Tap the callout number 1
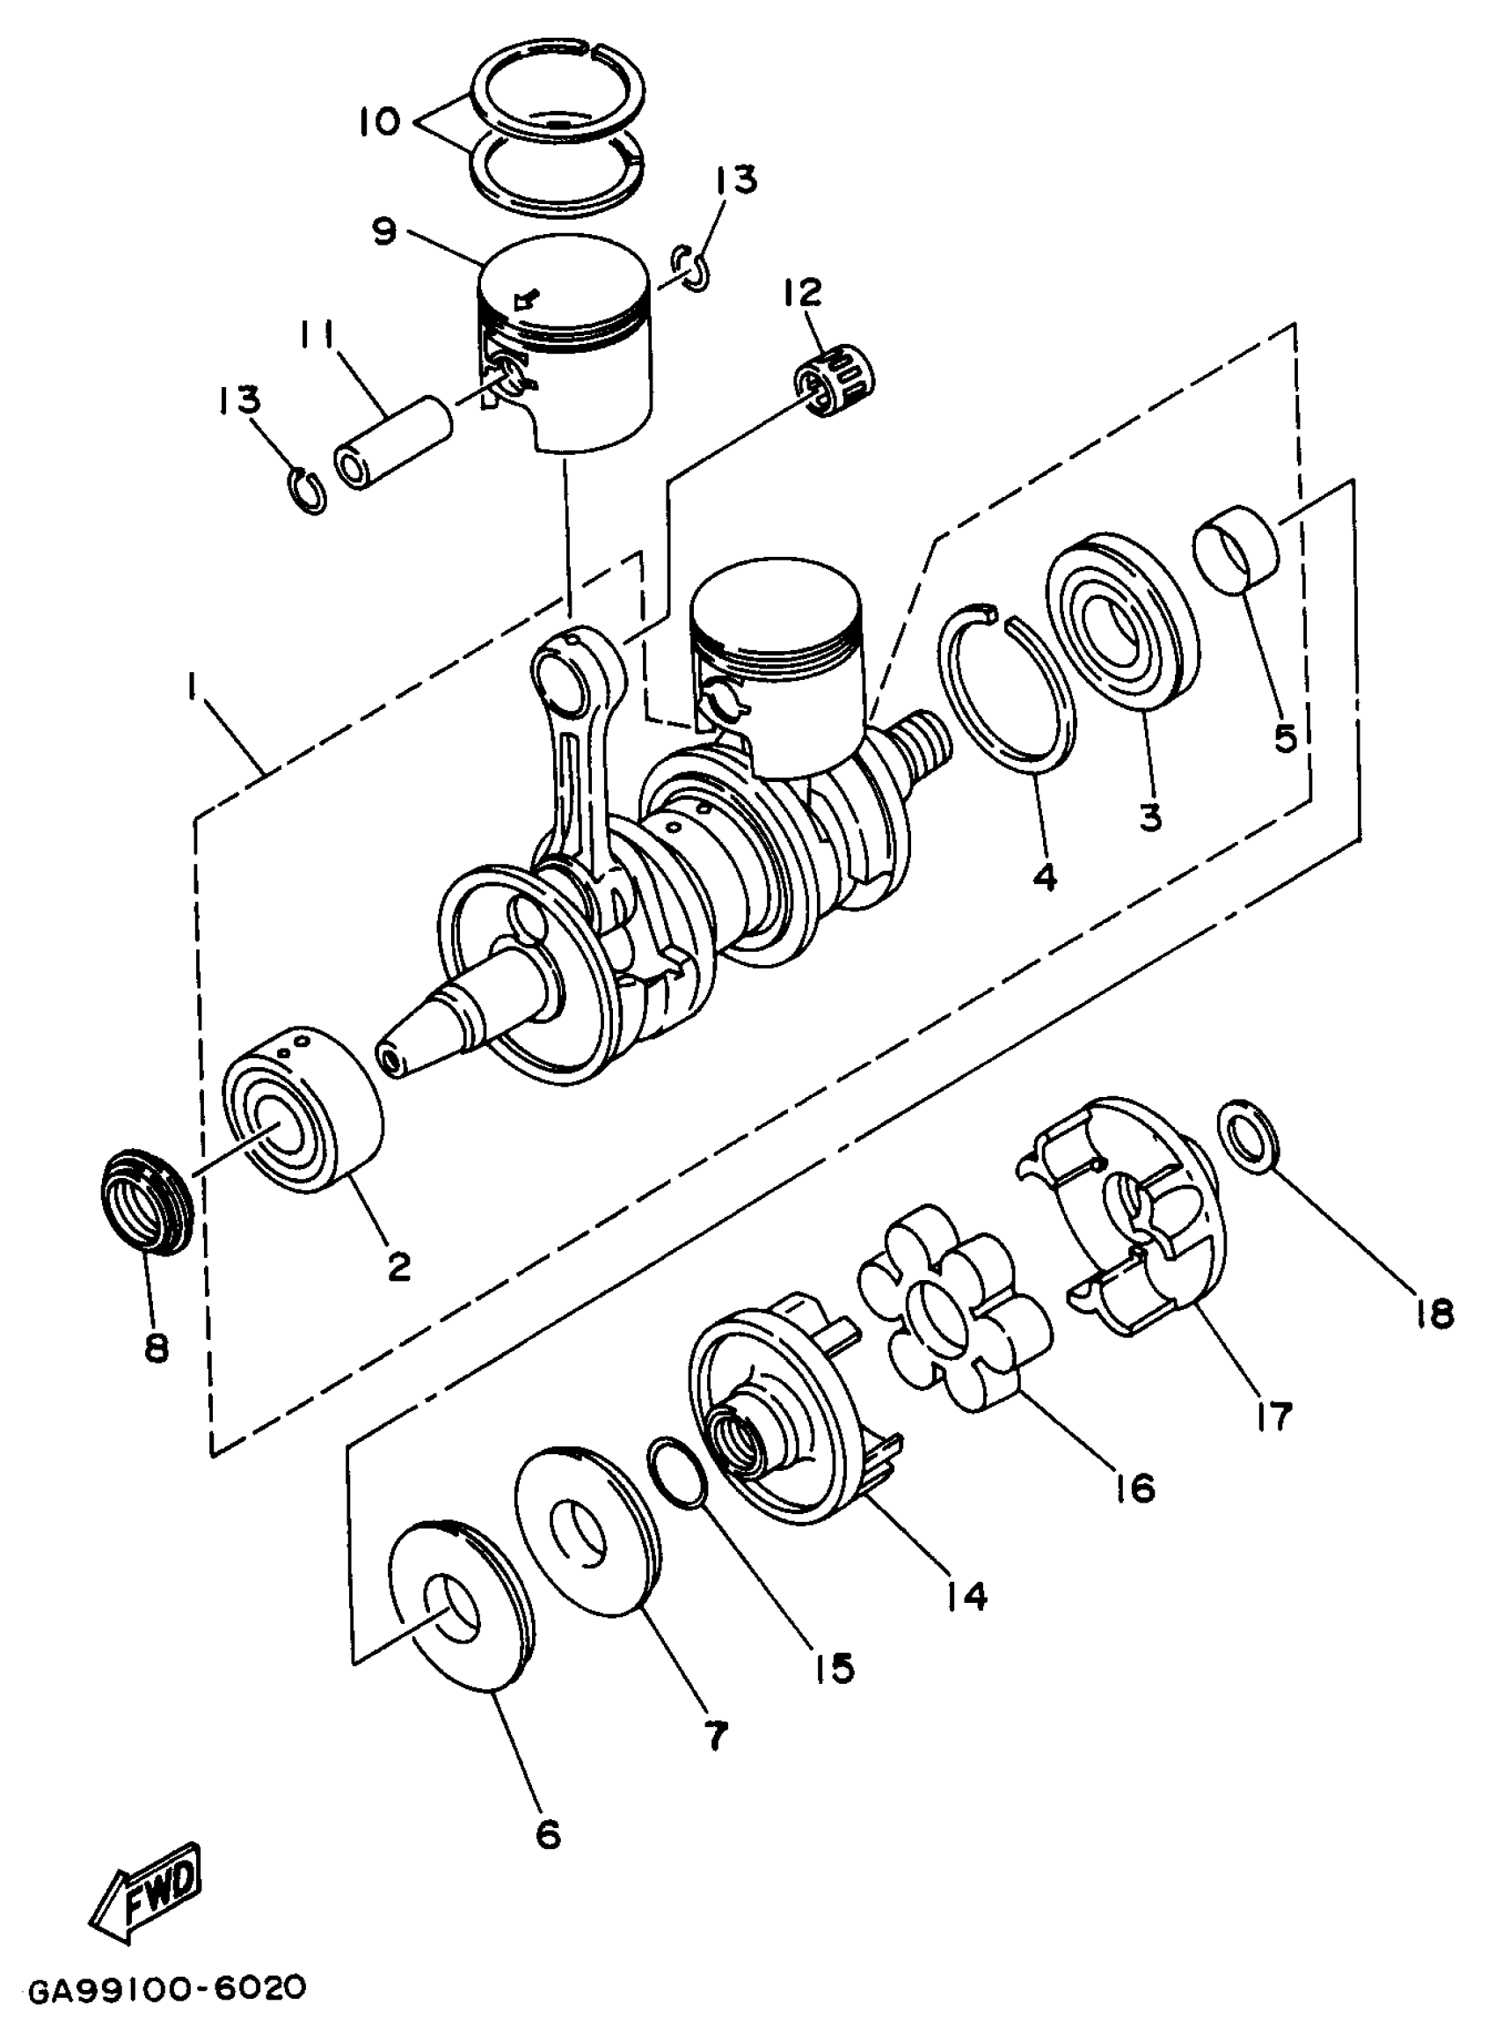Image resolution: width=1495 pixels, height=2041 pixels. pos(192,690)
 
